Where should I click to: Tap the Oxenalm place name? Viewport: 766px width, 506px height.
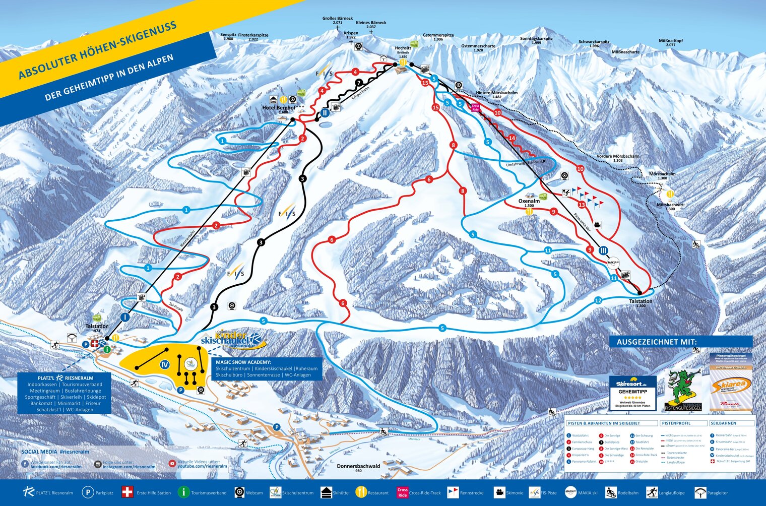point(529,201)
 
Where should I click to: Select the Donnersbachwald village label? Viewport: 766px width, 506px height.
point(358,466)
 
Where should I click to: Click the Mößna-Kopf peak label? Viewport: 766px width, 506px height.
point(670,41)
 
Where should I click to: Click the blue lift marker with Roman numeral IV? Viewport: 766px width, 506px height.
point(164,364)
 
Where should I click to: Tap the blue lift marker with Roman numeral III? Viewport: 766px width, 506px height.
point(604,250)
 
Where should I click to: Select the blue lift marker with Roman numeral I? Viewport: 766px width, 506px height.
point(125,317)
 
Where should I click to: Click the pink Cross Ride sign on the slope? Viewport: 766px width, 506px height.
point(474,107)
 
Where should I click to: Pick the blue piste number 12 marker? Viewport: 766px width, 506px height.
point(598,300)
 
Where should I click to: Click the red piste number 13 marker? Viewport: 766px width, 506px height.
point(582,205)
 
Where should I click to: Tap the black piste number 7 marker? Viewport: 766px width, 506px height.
point(359,82)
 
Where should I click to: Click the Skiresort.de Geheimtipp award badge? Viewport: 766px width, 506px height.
point(632,393)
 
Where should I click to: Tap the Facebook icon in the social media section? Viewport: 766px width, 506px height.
point(25,464)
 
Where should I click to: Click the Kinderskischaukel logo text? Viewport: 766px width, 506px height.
point(231,339)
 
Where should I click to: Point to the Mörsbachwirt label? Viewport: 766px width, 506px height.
point(670,205)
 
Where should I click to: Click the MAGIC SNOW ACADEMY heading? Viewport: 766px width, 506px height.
point(243,362)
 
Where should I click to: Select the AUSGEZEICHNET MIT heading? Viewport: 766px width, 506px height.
point(657,342)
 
